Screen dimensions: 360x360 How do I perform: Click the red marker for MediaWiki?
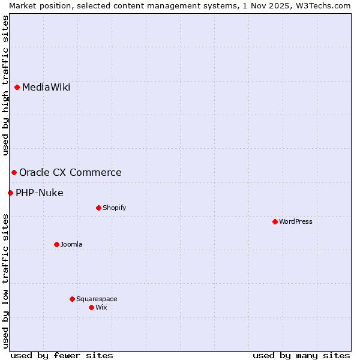(x=17, y=88)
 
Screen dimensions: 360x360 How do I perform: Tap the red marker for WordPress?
(x=275, y=221)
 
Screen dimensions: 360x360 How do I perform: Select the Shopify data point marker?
(x=98, y=208)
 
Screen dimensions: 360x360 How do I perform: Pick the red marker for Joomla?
(x=56, y=244)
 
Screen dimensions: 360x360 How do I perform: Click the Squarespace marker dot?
(x=72, y=299)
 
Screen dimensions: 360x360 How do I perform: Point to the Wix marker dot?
(x=91, y=307)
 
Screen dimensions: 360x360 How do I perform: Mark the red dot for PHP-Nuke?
(x=10, y=193)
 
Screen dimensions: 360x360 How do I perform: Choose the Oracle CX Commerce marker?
(x=14, y=173)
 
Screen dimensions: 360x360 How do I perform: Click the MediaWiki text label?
(x=46, y=88)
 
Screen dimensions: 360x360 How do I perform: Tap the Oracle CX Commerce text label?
(x=70, y=173)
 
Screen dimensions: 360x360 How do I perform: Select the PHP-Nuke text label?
(x=40, y=193)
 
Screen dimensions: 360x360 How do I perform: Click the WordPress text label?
(x=296, y=221)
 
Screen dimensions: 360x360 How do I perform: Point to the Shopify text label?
(x=115, y=208)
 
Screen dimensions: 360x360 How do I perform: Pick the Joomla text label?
(x=71, y=244)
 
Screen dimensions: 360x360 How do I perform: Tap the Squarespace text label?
(x=97, y=299)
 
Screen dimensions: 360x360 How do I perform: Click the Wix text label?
(x=101, y=307)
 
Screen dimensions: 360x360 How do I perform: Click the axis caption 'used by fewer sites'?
(x=62, y=355)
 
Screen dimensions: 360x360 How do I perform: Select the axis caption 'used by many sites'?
(x=301, y=355)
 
